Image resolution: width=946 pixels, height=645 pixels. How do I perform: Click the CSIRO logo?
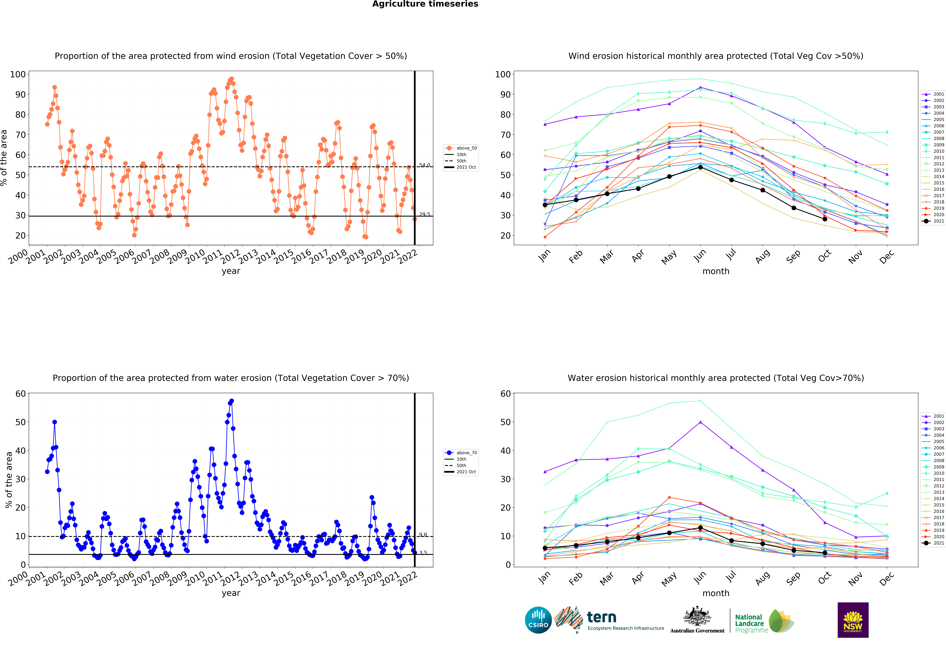(538, 620)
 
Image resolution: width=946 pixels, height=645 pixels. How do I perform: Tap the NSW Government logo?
(853, 620)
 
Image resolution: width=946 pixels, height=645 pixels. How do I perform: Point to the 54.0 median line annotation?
(425, 165)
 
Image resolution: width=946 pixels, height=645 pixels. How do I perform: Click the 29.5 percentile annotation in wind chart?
(425, 214)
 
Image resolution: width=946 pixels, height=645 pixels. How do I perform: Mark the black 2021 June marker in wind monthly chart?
(700, 167)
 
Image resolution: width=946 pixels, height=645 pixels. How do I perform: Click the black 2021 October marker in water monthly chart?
(825, 553)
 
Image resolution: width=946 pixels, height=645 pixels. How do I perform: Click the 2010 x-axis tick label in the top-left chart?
(195, 257)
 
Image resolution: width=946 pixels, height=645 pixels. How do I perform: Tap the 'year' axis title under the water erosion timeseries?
(231, 593)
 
